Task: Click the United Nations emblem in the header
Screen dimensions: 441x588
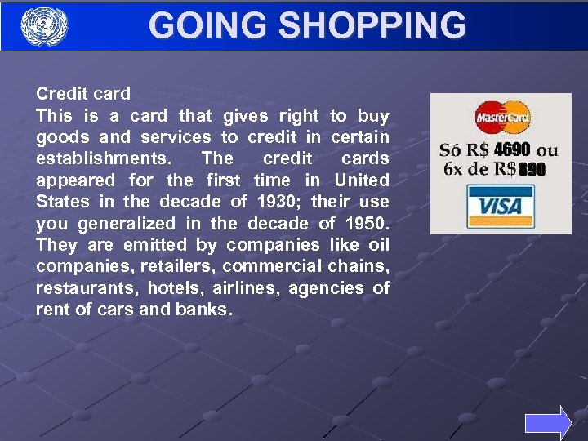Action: [x=43, y=26]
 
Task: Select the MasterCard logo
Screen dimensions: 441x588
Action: [x=502, y=118]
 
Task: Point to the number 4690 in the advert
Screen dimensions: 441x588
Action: [x=511, y=149]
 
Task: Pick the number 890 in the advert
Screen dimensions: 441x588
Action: [x=531, y=170]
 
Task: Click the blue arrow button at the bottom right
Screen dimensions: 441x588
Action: [x=548, y=423]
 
